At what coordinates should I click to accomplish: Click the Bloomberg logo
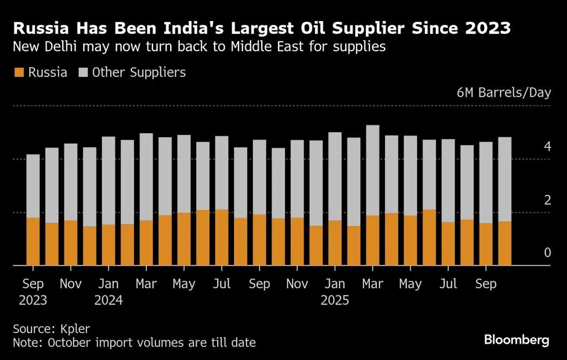(x=516, y=339)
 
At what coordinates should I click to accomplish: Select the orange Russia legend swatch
(x=19, y=73)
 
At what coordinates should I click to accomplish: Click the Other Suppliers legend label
(x=139, y=73)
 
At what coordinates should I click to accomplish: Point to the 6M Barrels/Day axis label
(x=503, y=92)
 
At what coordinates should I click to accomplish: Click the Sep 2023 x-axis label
(x=33, y=292)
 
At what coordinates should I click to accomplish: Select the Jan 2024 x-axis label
(x=109, y=292)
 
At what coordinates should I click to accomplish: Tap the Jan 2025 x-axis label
(x=335, y=292)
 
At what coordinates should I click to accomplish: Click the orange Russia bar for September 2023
(x=33, y=241)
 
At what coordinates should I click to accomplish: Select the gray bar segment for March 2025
(x=373, y=170)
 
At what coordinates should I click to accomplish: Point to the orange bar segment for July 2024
(x=222, y=237)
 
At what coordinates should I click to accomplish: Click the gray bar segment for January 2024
(x=109, y=180)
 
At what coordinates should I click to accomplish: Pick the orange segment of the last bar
(x=504, y=243)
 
